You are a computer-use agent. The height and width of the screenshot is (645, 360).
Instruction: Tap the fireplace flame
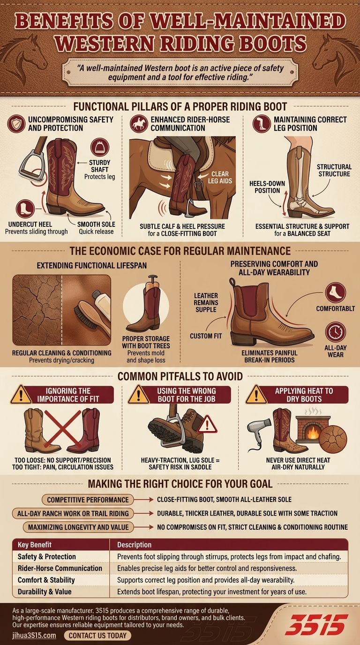312,432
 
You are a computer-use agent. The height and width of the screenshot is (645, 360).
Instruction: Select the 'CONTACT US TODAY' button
97,635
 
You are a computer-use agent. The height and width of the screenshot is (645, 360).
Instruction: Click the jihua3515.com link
34,635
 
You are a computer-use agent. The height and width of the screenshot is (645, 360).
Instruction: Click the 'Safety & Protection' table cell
47,556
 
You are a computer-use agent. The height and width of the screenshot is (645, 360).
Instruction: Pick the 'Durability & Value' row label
45,592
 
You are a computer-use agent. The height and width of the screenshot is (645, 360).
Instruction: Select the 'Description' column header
134,545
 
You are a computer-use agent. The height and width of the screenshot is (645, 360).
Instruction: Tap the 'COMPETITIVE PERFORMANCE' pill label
88,500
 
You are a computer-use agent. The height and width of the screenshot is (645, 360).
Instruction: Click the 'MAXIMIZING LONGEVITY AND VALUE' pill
78,527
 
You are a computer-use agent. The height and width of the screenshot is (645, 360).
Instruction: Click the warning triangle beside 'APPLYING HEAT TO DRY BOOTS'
256,395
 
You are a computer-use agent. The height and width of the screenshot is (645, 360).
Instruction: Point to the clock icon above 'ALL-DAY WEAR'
335,332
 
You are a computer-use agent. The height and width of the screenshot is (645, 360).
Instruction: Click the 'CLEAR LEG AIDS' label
220,177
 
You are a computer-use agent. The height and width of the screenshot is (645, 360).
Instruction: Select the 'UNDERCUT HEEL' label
30,225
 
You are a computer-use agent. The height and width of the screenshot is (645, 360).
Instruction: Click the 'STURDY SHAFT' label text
100,166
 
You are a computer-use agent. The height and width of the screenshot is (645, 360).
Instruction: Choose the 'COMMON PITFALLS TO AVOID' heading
180,376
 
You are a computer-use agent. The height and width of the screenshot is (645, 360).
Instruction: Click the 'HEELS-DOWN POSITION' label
267,187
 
